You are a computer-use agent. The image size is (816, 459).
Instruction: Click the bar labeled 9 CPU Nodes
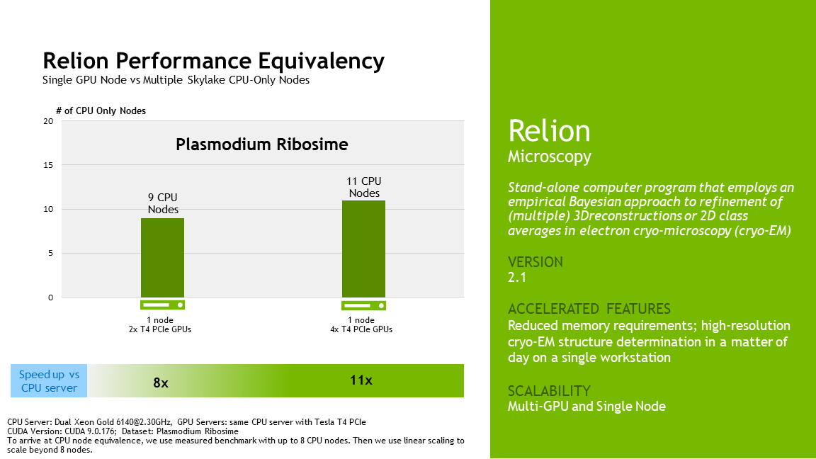click(x=162, y=257)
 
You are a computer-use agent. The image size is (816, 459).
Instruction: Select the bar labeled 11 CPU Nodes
click(x=363, y=249)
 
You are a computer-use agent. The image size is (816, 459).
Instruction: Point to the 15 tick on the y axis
click(x=48, y=165)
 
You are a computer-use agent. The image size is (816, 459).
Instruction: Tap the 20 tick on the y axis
click(x=48, y=121)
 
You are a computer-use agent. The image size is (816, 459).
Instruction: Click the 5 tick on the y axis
click(x=50, y=253)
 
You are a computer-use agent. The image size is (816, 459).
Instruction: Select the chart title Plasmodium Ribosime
click(x=262, y=144)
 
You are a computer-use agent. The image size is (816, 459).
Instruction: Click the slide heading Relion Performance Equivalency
click(x=213, y=60)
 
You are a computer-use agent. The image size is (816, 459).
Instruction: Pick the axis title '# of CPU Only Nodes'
click(x=101, y=110)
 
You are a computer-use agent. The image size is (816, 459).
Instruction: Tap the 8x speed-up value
click(x=161, y=382)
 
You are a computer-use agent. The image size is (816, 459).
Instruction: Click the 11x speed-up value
click(x=361, y=380)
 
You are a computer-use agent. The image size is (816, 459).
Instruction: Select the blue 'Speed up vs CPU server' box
click(x=49, y=381)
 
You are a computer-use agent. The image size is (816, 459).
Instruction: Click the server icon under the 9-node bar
click(x=162, y=305)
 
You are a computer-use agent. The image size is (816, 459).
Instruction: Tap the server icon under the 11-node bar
click(x=363, y=305)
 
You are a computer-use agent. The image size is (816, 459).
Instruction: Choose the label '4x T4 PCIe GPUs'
click(x=364, y=329)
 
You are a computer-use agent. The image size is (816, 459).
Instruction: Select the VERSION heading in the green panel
click(x=535, y=261)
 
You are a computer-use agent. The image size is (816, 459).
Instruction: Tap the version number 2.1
click(x=517, y=278)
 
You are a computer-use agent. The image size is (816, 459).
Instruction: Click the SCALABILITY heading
click(x=549, y=390)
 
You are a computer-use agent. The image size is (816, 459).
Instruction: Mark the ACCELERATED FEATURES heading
click(x=589, y=309)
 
